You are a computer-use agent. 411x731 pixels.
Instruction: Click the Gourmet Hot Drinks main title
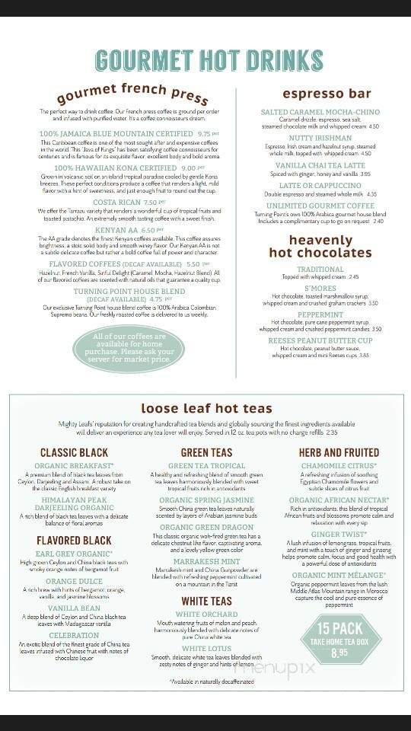[205, 59]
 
